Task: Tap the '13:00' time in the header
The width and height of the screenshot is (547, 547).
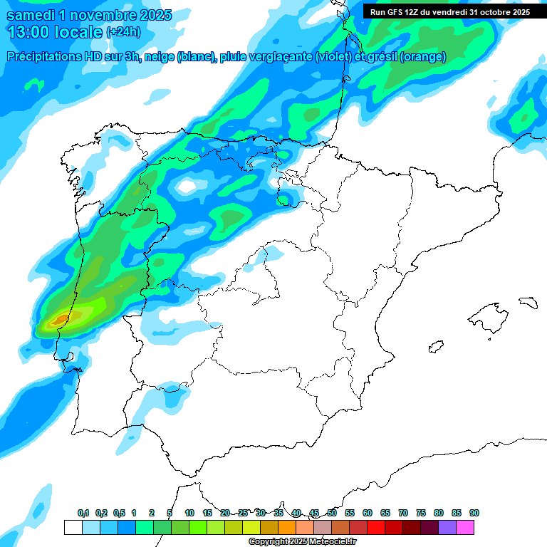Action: point(27,32)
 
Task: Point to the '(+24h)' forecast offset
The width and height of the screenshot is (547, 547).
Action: point(124,32)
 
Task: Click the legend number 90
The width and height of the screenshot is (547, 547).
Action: point(474,513)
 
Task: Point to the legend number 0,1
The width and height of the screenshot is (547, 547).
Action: point(83,513)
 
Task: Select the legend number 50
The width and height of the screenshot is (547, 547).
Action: point(332,513)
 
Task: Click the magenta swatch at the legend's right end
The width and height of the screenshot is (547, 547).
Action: point(465,527)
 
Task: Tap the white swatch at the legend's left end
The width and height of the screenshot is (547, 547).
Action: point(73,527)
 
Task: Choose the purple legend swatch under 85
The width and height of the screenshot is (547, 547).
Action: point(447,527)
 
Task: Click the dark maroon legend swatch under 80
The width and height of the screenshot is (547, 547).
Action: point(429,527)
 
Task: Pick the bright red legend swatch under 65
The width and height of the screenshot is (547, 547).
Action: point(376,527)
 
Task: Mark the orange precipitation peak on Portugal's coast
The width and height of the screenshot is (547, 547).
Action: point(60,318)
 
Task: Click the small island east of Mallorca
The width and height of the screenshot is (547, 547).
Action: point(527,302)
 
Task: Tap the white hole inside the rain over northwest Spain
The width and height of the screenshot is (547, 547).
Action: point(187,187)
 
